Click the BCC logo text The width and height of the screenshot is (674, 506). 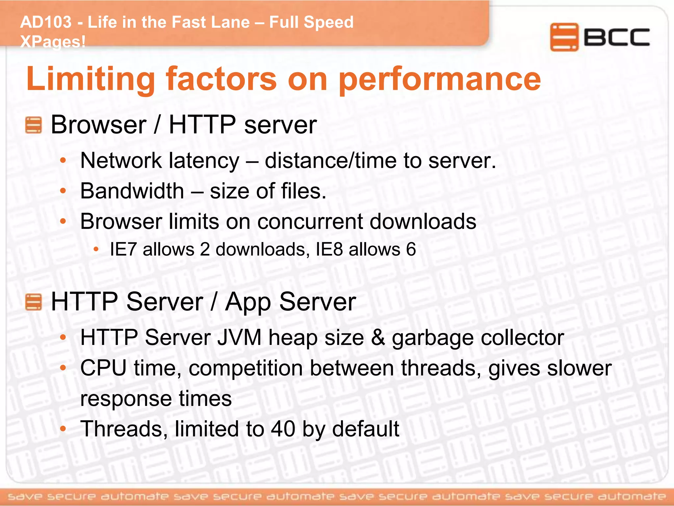point(616,37)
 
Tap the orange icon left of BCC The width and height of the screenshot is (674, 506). point(564,37)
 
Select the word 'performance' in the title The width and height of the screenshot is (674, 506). point(440,79)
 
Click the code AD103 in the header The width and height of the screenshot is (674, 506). point(46,22)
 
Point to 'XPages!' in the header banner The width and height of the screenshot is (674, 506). point(53,42)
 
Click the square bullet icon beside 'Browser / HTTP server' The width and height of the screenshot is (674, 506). point(34,125)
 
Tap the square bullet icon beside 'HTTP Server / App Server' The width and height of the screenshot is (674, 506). point(34,302)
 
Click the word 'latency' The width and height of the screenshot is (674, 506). point(204,161)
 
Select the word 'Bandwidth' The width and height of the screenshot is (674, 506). point(132,191)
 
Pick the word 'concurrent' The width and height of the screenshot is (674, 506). point(310,221)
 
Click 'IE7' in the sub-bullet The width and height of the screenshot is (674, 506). point(123,249)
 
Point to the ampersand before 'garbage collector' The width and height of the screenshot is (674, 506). point(378,338)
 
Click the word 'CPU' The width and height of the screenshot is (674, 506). point(103,368)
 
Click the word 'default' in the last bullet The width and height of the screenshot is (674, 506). point(365,429)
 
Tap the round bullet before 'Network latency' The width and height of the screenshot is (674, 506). point(63,161)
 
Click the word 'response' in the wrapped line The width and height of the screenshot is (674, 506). point(126,399)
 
